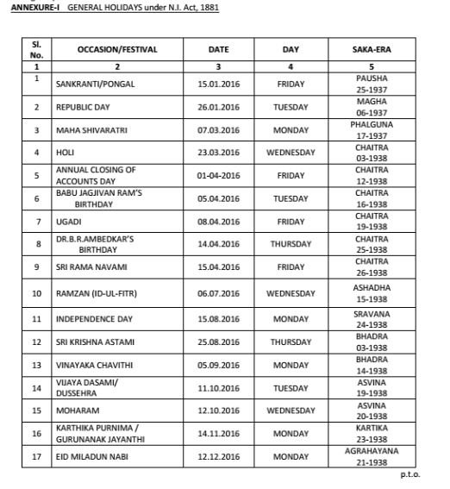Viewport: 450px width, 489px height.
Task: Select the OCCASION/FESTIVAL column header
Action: (116, 50)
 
